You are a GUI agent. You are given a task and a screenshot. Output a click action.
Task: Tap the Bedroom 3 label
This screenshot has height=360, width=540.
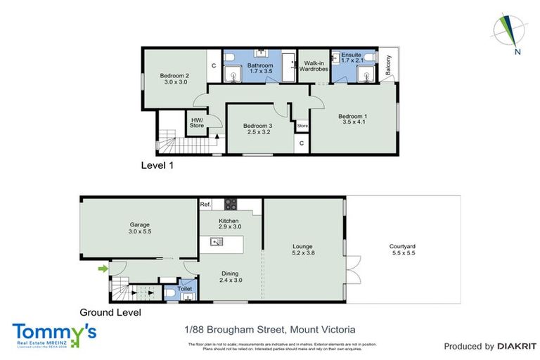(x=259, y=127)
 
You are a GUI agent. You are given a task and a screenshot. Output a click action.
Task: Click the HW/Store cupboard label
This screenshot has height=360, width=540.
(x=196, y=122)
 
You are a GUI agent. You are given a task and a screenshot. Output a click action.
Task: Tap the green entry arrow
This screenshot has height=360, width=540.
(x=103, y=268)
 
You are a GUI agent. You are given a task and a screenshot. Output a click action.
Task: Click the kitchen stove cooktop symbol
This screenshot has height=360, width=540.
(x=230, y=205)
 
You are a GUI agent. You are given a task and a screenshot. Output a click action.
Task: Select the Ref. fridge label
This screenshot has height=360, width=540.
(x=205, y=205)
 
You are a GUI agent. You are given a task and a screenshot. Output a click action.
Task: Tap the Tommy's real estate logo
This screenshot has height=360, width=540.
(x=54, y=333)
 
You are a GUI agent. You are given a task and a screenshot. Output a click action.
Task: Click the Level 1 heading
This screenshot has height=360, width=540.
(x=157, y=166)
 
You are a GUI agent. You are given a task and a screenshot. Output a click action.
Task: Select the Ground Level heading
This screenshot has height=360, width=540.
(x=110, y=312)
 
